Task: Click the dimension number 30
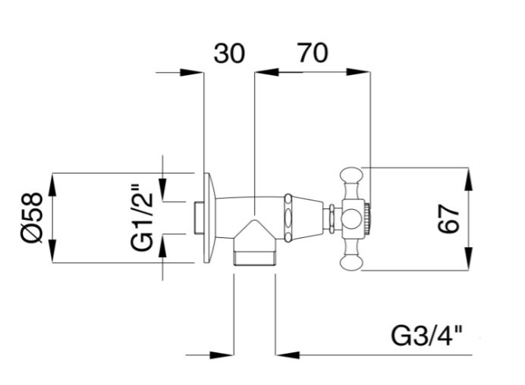[229, 54]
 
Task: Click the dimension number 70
[313, 52]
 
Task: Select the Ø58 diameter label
[32, 218]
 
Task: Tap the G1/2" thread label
[142, 218]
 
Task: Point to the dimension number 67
[448, 219]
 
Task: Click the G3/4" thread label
[426, 336]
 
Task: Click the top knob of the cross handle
[351, 176]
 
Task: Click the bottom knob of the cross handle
[351, 261]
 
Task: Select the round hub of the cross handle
[352, 219]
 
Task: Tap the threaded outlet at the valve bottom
[254, 258]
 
